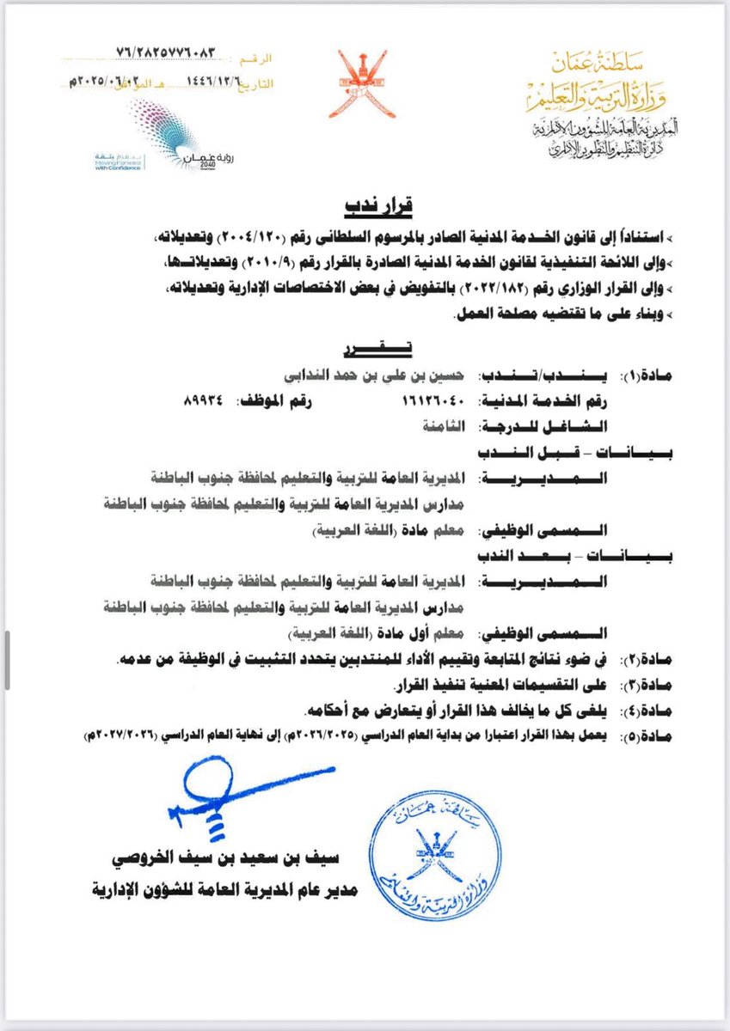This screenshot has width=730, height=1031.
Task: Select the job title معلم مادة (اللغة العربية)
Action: [378, 530]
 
